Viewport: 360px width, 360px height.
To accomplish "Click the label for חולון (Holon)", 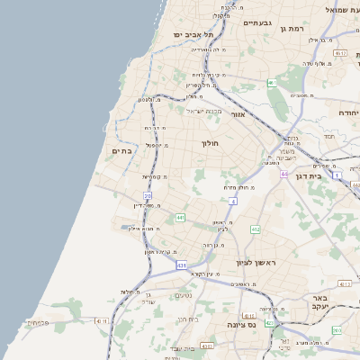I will point(209,143).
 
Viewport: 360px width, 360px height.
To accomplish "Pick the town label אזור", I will point(238,115).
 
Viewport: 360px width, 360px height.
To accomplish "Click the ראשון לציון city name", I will point(254,262).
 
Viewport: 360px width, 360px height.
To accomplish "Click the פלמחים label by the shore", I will point(36,321).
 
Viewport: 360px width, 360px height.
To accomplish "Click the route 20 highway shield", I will point(148,194).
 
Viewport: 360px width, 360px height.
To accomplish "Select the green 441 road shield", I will point(181,217).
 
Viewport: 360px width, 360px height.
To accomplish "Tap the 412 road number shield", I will point(256,229).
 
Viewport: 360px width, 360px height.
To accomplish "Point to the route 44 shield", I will point(283,174).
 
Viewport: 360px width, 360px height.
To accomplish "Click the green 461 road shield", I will point(271,83).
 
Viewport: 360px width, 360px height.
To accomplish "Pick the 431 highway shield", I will point(182,265).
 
